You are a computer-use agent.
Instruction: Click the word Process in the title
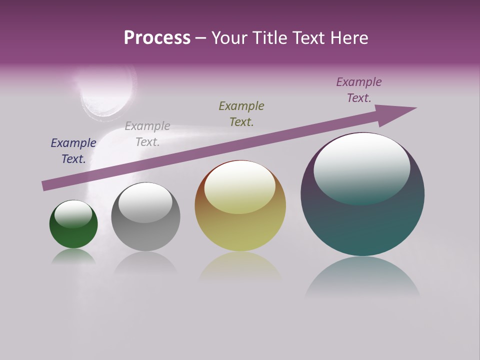tap(157, 38)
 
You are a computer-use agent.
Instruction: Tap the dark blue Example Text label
tap(73, 151)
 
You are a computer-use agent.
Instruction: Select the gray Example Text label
tap(147, 134)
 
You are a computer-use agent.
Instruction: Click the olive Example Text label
tap(241, 114)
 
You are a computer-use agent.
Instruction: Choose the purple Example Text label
tap(359, 90)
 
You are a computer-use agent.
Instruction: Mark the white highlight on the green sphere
tap(73, 214)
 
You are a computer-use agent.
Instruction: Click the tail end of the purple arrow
tap(46, 185)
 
